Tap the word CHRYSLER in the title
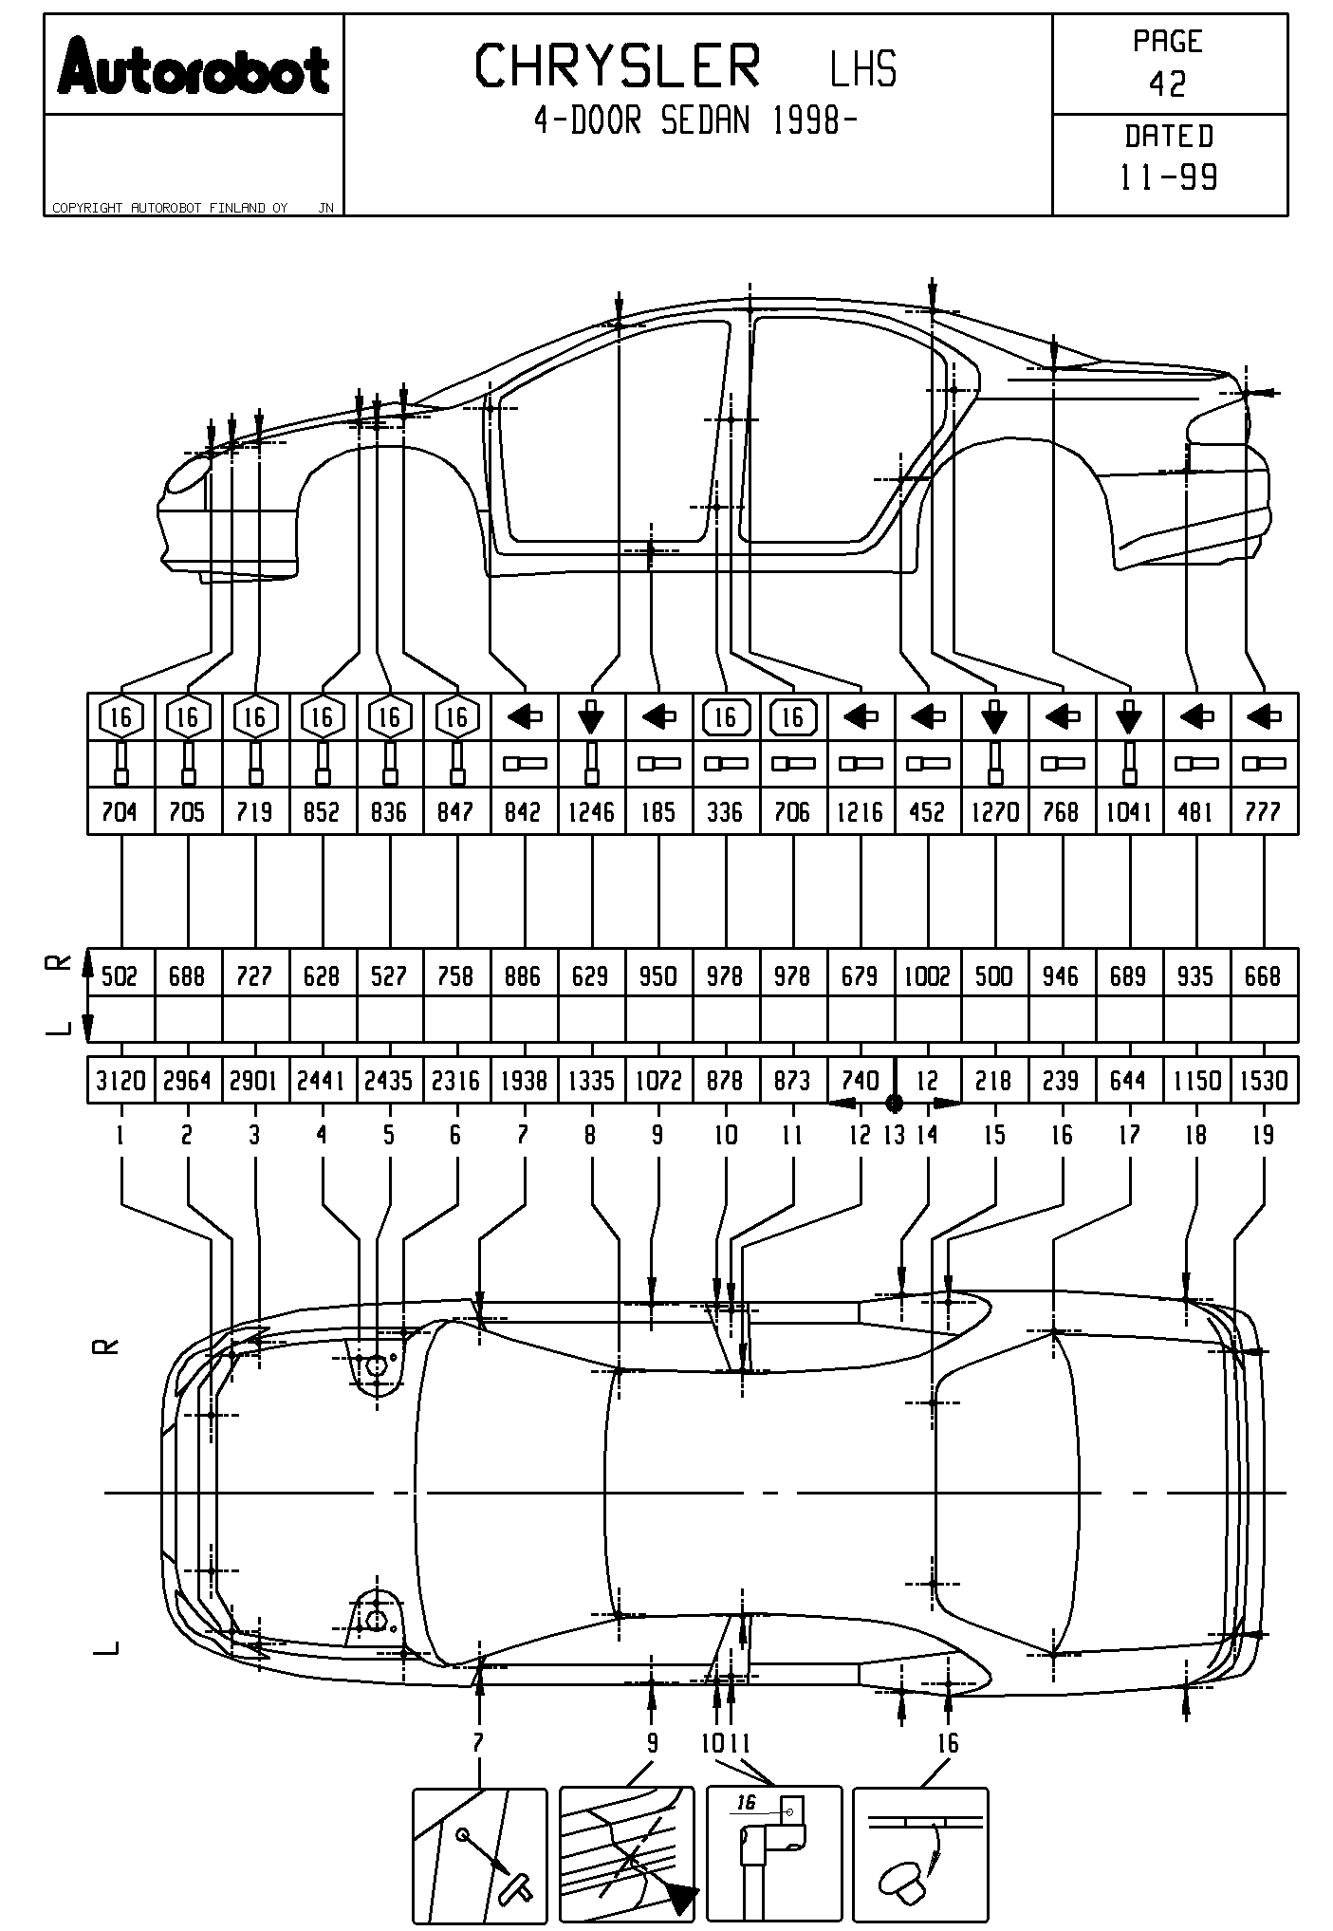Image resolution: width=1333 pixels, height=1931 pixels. (618, 66)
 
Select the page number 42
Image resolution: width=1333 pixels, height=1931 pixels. (1168, 84)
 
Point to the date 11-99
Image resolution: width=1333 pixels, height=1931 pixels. (1169, 176)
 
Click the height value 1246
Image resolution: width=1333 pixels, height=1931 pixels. (591, 812)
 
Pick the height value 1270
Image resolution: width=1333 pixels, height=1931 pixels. (994, 812)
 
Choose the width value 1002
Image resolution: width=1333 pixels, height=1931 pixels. (927, 975)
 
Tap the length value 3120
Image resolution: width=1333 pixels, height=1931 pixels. (120, 1081)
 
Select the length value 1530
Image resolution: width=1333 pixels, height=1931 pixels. (1263, 1081)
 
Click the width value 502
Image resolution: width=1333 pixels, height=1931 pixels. (120, 975)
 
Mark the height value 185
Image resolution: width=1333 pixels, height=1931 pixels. (658, 812)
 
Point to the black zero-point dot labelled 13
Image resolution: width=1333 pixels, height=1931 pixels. (894, 1103)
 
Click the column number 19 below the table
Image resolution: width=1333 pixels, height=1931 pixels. (1263, 1135)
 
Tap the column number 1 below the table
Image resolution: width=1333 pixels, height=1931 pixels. (120, 1135)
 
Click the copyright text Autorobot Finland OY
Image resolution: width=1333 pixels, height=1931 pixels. (170, 208)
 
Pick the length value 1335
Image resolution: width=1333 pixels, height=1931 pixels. (591, 1081)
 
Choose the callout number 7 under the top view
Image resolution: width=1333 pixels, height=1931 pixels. (478, 1742)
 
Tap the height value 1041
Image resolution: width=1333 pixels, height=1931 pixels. (1128, 812)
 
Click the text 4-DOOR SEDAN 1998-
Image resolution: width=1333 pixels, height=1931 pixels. (696, 121)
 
